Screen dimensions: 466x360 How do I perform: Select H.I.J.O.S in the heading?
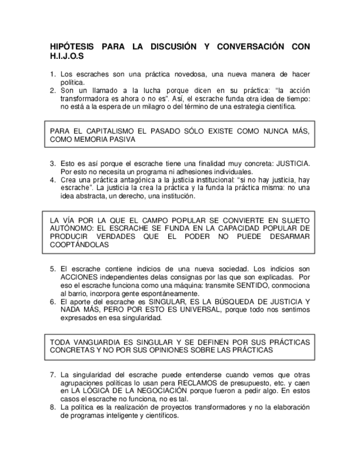point(68,56)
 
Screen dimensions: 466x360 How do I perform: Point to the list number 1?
point(53,74)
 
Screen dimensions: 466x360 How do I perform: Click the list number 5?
point(53,269)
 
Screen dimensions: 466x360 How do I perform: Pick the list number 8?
point(53,408)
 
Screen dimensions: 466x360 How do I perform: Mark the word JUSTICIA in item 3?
point(292,164)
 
